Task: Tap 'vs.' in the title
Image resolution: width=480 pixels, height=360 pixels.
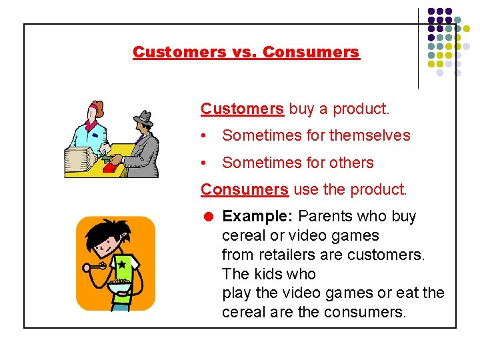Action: pyautogui.click(x=247, y=52)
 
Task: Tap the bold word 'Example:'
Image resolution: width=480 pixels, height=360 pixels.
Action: pyautogui.click(x=258, y=217)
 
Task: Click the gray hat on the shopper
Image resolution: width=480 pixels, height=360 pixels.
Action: pyautogui.click(x=143, y=118)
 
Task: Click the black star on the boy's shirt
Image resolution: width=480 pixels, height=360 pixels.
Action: pyautogui.click(x=121, y=265)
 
